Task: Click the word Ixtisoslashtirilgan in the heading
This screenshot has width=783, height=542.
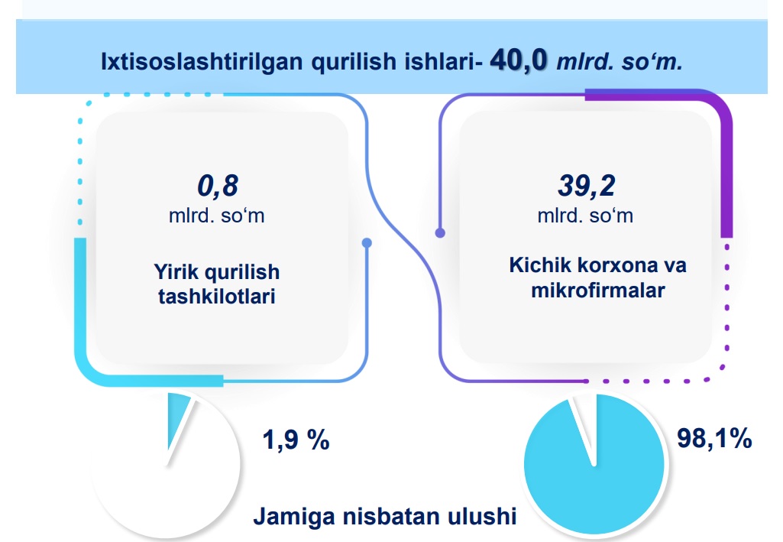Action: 202,62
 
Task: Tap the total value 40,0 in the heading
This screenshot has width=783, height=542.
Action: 519,60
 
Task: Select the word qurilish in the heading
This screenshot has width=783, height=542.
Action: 354,62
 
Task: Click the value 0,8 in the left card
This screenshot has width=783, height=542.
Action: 217,186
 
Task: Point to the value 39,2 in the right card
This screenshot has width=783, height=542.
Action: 586,186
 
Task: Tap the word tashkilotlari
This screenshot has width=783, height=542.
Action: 217,296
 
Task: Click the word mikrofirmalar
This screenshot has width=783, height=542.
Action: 597,290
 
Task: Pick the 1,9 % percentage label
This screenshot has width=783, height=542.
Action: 296,440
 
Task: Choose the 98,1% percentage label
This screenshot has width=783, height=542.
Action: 714,438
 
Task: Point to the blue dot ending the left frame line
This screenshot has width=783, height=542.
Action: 367,243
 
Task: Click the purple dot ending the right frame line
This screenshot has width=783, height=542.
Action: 440,233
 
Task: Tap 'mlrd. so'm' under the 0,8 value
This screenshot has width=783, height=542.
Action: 217,216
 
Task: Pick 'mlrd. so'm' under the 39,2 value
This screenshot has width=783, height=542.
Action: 585,216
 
